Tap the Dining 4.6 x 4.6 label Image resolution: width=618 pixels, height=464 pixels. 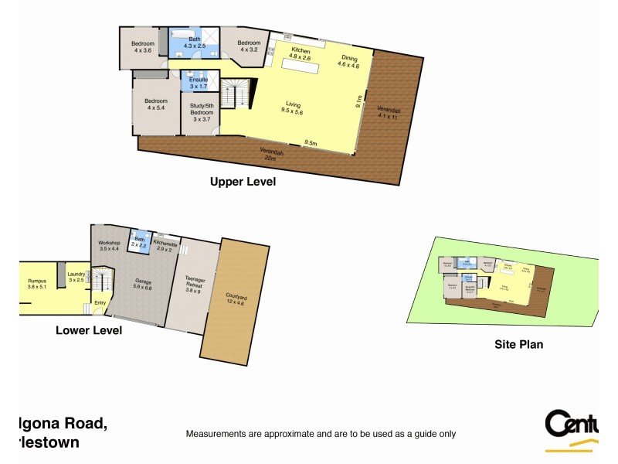tap(349, 62)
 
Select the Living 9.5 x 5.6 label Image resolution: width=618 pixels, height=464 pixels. tap(293, 108)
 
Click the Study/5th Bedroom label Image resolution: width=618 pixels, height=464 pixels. tap(202, 113)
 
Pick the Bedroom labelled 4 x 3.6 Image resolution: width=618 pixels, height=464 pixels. tap(143, 47)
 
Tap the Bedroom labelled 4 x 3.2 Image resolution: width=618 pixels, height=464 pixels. tap(248, 46)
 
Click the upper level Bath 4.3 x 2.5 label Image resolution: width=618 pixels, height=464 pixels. tap(194, 43)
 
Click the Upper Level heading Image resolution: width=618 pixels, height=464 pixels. tap(243, 183)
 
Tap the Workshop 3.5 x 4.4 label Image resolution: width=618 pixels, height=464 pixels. tap(110, 246)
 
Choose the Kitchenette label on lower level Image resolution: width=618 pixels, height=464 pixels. tap(165, 247)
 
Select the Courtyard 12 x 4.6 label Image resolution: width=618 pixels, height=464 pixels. tap(236, 300)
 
